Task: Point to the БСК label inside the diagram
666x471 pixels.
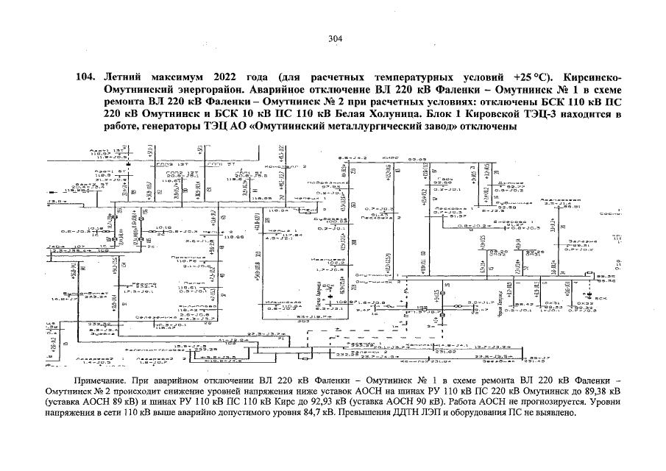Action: (601, 297)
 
